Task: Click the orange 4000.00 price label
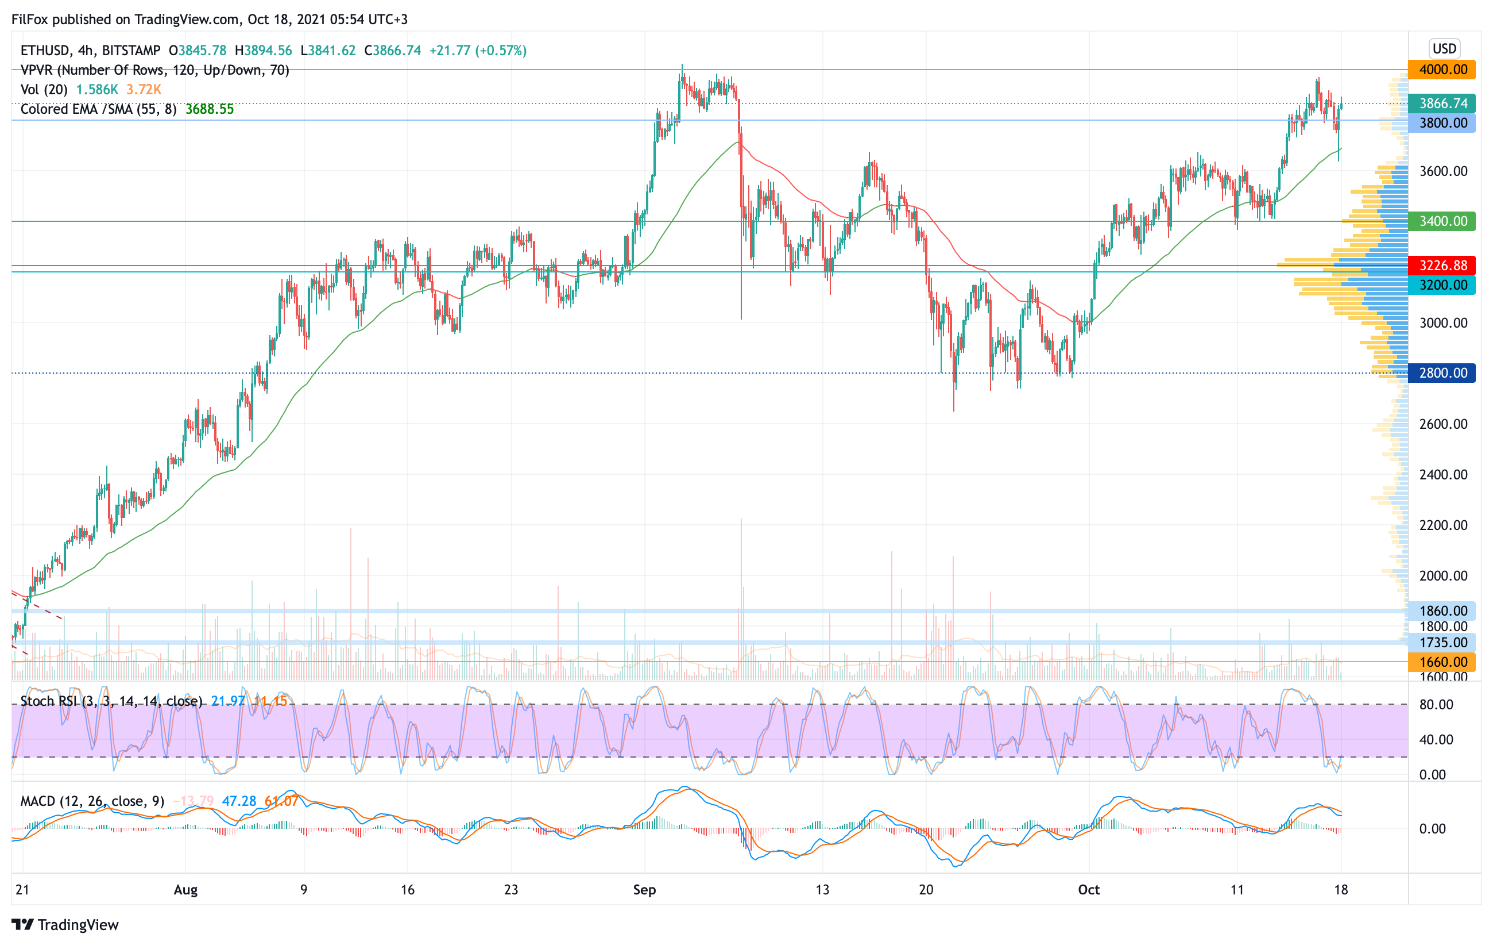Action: (x=1441, y=70)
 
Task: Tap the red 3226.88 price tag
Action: (x=1441, y=266)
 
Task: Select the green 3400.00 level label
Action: (x=1441, y=221)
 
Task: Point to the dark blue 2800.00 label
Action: (x=1441, y=373)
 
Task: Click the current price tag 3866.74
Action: (x=1441, y=103)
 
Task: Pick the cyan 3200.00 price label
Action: (x=1441, y=286)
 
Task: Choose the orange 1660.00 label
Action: (x=1441, y=662)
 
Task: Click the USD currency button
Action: (x=1444, y=48)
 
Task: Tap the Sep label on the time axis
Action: (x=644, y=890)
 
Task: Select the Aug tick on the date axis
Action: (x=185, y=890)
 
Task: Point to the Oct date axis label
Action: (x=1089, y=890)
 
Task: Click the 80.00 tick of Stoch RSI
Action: (x=1436, y=704)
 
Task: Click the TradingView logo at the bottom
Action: (x=65, y=924)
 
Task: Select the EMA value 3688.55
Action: (x=210, y=109)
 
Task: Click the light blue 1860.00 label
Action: (x=1441, y=610)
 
